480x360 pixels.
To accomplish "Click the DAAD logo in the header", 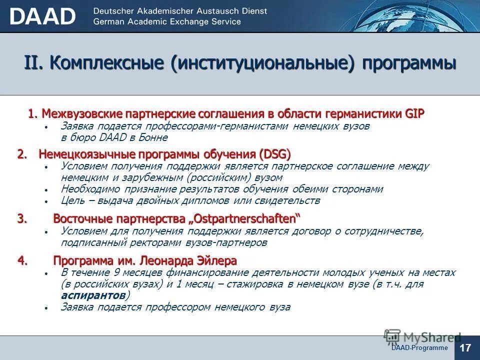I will [42, 16].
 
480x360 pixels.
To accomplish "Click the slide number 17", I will [466, 347].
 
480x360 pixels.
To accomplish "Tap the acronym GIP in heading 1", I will [413, 114].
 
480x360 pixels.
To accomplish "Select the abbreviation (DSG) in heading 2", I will [275, 154].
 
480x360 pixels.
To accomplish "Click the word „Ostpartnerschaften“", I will [245, 219].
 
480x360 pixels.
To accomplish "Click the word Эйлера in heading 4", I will [218, 260].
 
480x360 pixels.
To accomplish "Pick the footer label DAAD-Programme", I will [419, 347].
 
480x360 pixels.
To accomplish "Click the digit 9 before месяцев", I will [116, 272].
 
